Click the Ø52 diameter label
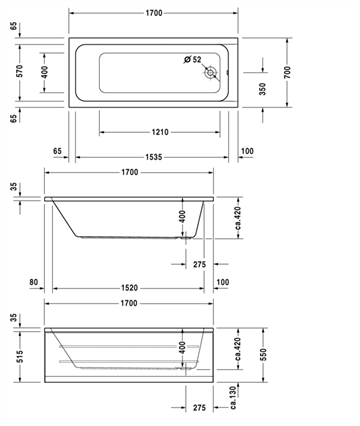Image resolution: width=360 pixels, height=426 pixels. point(193,59)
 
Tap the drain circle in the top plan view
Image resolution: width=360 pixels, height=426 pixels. point(211,72)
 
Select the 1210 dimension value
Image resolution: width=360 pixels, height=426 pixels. point(160,132)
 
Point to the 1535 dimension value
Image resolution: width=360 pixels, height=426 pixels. point(154,157)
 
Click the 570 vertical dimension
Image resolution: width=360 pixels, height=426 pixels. point(20,71)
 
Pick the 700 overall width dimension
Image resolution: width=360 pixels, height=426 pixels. point(287,72)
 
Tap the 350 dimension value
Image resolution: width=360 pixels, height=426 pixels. point(263,89)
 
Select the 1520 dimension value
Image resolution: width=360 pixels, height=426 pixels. point(130,288)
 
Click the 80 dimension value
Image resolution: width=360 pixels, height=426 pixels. point(34,282)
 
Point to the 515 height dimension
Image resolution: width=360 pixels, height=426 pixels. point(20,357)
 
